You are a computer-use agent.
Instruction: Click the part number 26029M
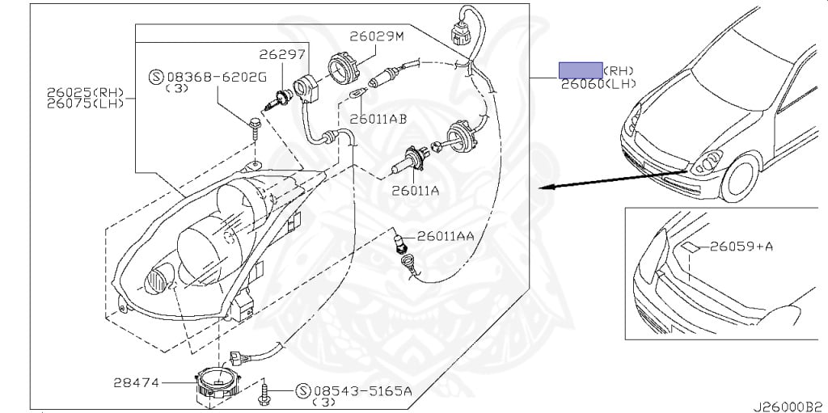tap(377, 36)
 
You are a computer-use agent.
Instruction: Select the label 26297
tap(282, 54)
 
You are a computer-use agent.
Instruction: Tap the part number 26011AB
tap(378, 120)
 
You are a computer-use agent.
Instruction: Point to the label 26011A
tap(415, 191)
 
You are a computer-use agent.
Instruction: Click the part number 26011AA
tap(446, 236)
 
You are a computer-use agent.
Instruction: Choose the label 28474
tap(136, 381)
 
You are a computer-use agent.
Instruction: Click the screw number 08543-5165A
tap(362, 391)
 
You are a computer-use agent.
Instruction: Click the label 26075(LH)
tap(84, 103)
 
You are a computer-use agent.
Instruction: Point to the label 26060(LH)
tap(598, 83)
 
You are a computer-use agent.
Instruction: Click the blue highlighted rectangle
tap(581, 70)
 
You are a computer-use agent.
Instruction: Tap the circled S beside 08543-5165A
tap(303, 391)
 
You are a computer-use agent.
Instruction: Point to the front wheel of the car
tap(742, 179)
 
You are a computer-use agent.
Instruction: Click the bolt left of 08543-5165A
tap(264, 391)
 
